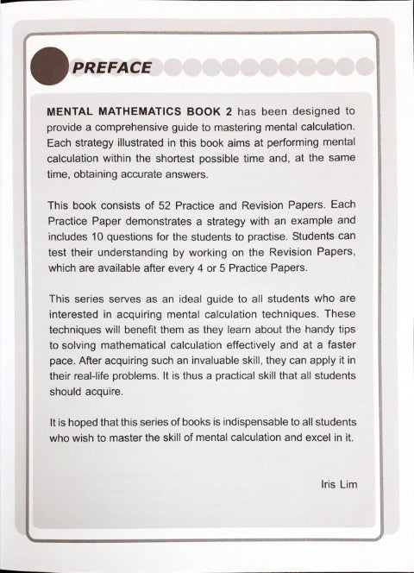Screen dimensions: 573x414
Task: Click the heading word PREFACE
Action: (x=113, y=67)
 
